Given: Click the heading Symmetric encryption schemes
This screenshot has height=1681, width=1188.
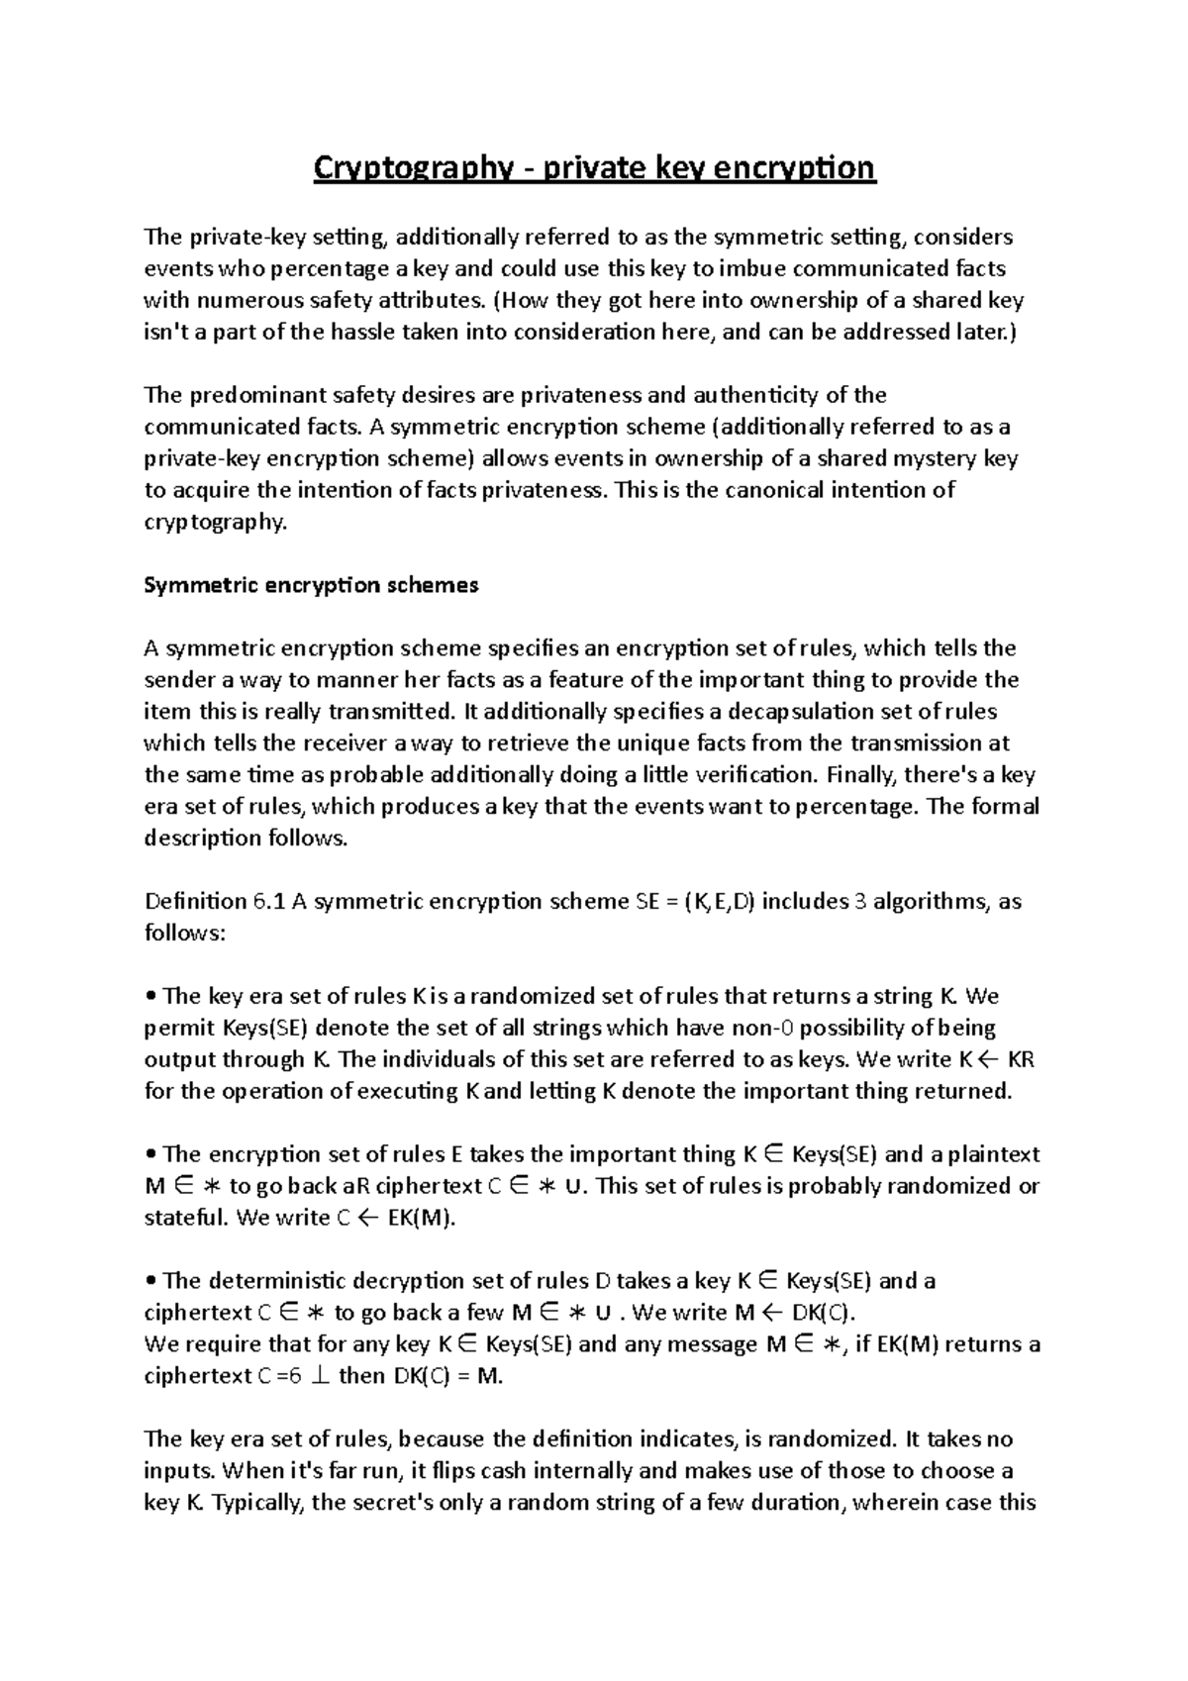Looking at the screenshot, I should (311, 585).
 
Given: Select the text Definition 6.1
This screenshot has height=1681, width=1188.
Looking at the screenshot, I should (215, 901).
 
